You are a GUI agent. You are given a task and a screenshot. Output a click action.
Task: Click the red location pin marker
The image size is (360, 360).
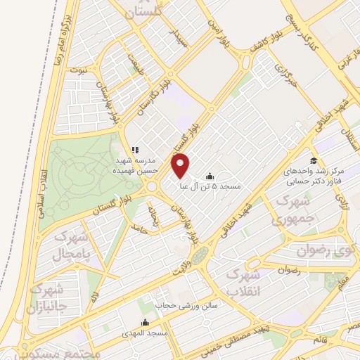pyautogui.click(x=181, y=165)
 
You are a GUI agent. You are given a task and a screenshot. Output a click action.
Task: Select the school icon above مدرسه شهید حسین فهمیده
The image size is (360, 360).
pyautogui.click(x=136, y=150)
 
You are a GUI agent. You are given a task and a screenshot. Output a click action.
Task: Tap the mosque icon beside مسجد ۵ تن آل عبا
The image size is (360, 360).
pyautogui.click(x=210, y=176)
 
